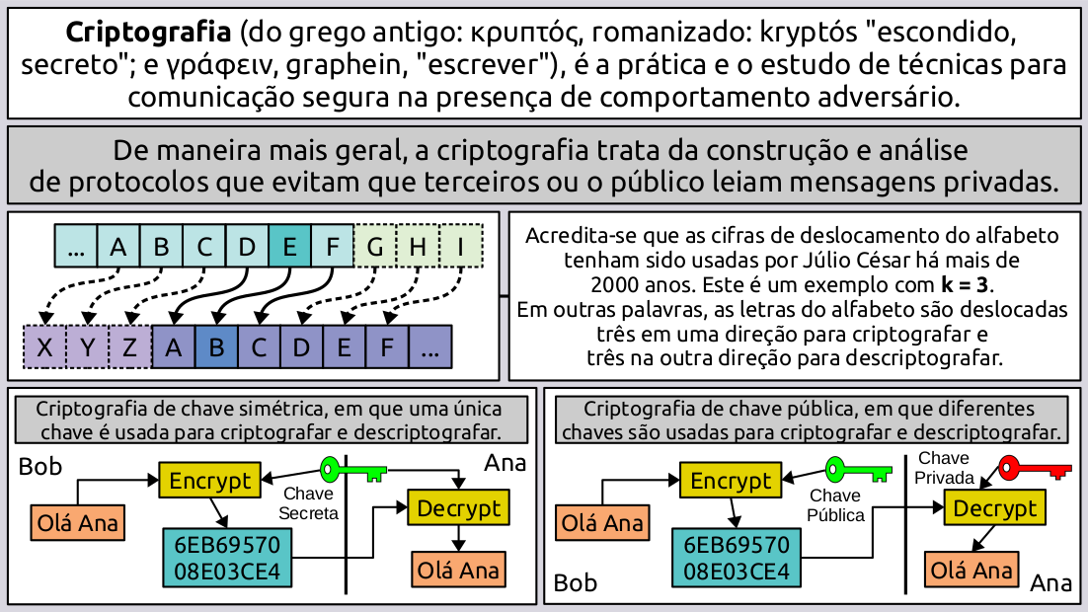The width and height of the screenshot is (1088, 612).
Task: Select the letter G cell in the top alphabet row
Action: click(x=375, y=246)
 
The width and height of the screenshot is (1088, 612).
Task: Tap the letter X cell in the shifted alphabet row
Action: click(x=43, y=347)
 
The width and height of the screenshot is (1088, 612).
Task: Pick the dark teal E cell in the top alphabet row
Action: click(x=289, y=246)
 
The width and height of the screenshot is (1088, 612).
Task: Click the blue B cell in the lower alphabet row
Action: click(x=217, y=347)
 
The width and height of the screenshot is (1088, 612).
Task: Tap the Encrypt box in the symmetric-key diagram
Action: click(x=209, y=481)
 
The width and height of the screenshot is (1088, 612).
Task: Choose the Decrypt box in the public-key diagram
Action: click(x=995, y=508)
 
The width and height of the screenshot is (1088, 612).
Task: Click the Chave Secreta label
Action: click(x=308, y=503)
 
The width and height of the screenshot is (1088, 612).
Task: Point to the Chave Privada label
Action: click(x=944, y=468)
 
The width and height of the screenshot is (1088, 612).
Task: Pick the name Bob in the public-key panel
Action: click(x=576, y=583)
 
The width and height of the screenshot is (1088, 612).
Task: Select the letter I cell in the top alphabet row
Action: click(x=460, y=246)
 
